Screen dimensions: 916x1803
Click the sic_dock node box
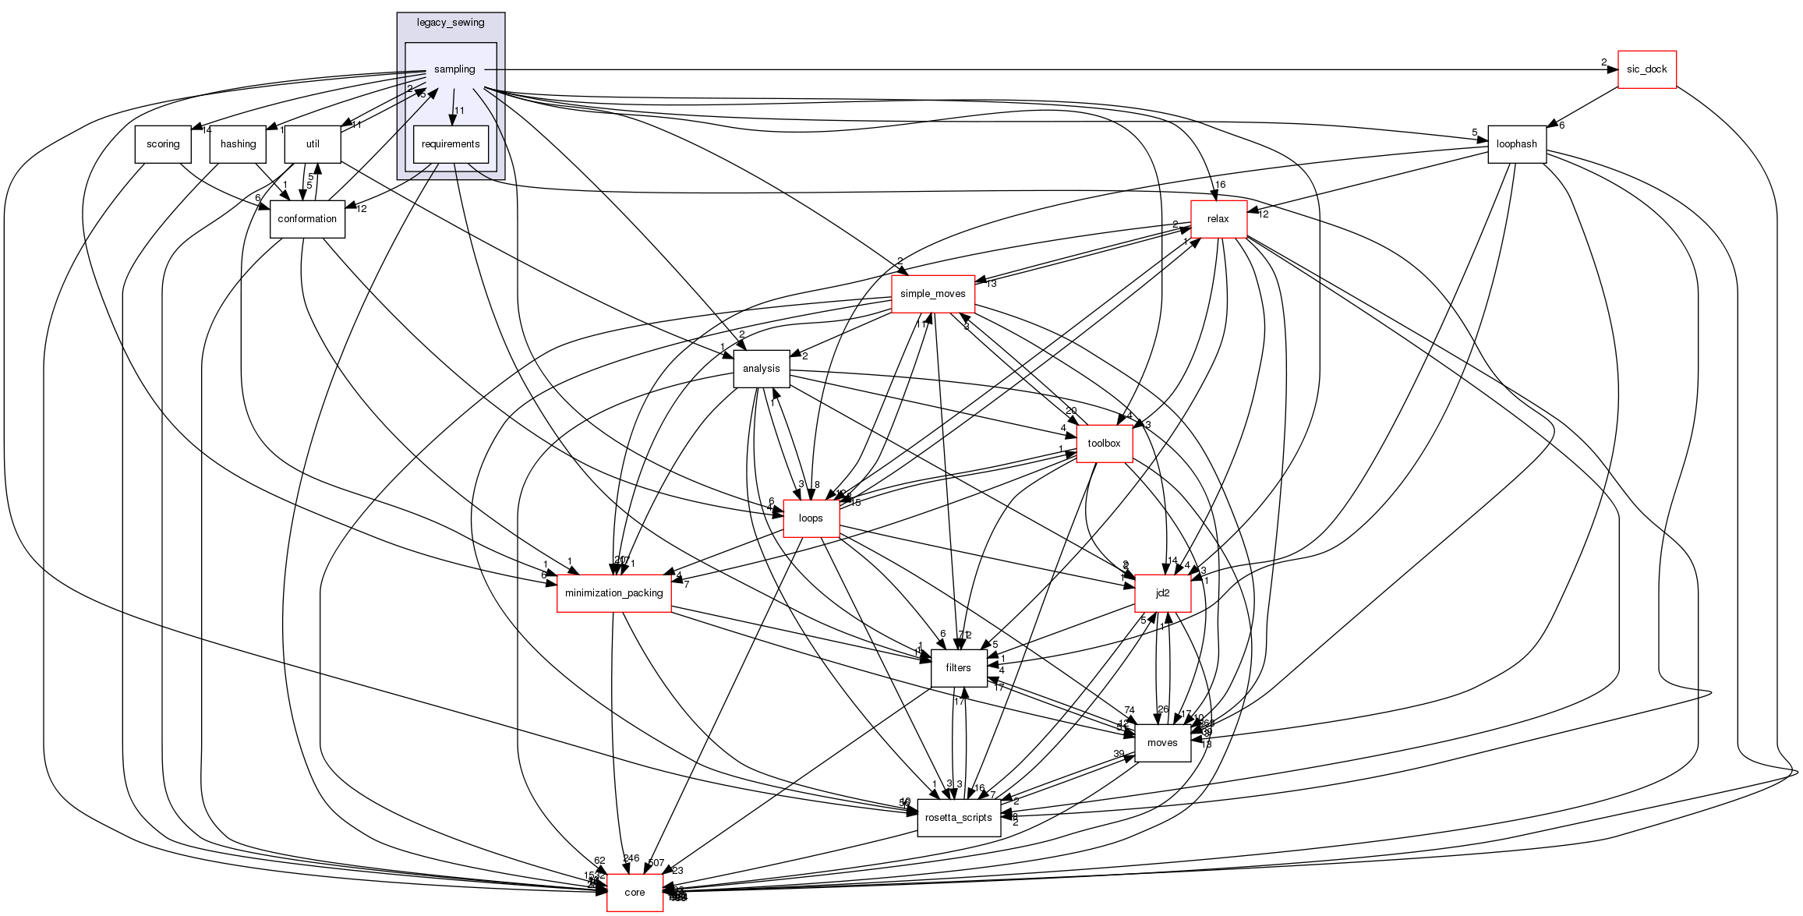1646,69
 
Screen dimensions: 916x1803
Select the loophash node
1516,144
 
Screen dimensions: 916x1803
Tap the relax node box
1218,219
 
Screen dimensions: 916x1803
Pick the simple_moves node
932,294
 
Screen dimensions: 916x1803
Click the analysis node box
761,369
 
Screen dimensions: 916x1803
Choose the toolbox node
1104,444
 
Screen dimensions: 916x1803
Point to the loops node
811,518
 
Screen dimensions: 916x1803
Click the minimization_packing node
613,593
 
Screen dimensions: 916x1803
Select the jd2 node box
1162,593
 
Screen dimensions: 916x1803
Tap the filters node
958,668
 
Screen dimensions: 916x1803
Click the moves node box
1161,743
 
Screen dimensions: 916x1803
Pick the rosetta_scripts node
958,818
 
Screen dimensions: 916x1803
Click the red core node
635,893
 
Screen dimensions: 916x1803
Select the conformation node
307,219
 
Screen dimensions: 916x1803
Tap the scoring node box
163,144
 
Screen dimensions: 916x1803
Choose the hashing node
238,144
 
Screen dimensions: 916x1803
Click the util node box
313,144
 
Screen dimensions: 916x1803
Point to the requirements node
451,144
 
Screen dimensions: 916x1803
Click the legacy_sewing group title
451,23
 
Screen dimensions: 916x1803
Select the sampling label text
454,69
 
